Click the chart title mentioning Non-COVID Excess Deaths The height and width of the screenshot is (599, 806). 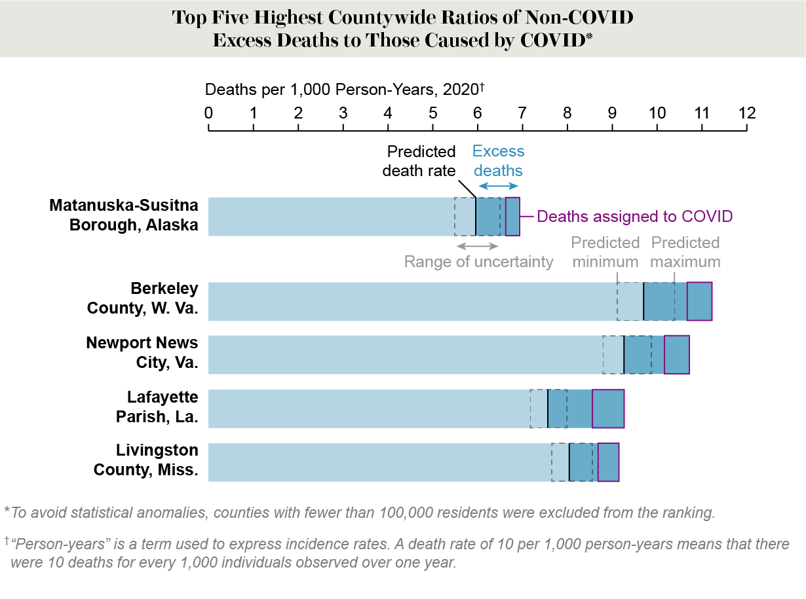[x=402, y=28]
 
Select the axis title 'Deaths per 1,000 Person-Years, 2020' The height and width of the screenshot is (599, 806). [x=344, y=90]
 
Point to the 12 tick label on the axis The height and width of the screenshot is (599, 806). [x=746, y=113]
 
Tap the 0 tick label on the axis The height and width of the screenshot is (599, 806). [x=208, y=113]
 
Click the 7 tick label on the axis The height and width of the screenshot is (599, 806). [x=522, y=113]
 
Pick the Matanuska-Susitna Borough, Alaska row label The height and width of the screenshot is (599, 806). [x=124, y=215]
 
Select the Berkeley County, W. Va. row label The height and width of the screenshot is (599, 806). [x=142, y=299]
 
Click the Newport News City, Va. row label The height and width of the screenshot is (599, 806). [x=142, y=352]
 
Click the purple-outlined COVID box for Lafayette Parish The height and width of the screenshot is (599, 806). [x=608, y=408]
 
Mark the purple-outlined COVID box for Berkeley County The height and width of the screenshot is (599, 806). [x=699, y=301]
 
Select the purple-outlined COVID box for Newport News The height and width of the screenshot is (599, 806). [x=676, y=355]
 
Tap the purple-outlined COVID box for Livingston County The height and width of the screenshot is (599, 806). [x=608, y=462]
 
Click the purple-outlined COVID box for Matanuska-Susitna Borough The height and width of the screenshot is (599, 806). [x=512, y=216]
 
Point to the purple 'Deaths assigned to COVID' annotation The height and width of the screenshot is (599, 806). [x=634, y=216]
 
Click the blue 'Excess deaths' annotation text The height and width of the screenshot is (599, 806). [x=498, y=161]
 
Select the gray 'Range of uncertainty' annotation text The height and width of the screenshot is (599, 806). [x=478, y=262]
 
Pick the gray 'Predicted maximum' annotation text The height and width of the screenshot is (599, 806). [x=685, y=252]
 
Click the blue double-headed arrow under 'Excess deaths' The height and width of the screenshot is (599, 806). [x=499, y=187]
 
